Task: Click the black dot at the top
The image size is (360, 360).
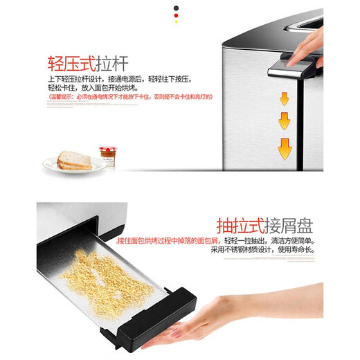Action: click(x=181, y=7)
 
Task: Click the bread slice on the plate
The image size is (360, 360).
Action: click(x=73, y=161)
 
